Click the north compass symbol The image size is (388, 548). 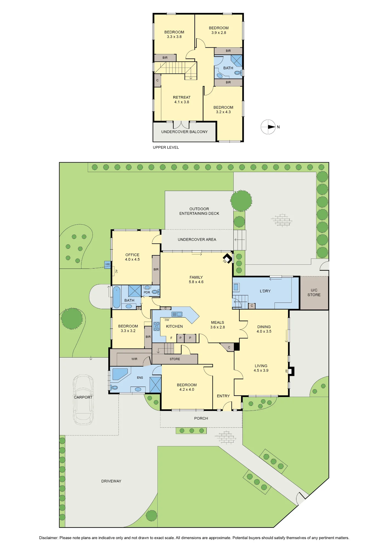[x=268, y=127]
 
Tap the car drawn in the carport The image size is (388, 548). [x=83, y=400]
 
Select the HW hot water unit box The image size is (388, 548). [x=107, y=265]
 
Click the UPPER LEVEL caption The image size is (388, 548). [x=166, y=147]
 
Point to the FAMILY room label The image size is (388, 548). [x=196, y=277]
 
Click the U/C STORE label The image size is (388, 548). [x=314, y=292]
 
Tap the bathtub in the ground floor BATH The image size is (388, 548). [x=117, y=297]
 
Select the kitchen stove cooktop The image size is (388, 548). [x=157, y=327]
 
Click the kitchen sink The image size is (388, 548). [x=177, y=314]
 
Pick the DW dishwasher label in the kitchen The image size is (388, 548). [x=167, y=320]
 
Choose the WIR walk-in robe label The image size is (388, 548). [x=134, y=359]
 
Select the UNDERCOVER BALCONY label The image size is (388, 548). [x=184, y=132]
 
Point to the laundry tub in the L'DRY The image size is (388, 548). [x=236, y=287]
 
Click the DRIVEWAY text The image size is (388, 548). [x=111, y=481]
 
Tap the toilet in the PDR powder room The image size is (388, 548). [x=155, y=292]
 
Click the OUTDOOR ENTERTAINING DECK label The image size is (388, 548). [x=199, y=211]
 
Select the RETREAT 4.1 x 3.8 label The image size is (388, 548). [x=182, y=100]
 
